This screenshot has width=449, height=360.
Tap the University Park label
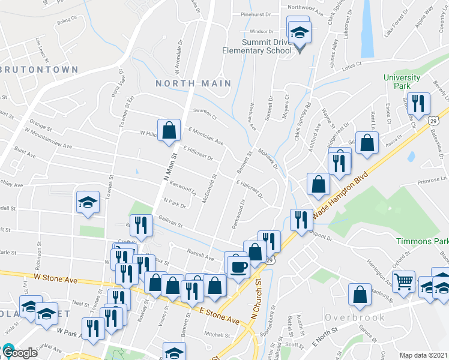pyautogui.click(x=402, y=82)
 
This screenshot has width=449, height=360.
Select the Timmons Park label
pyautogui.click(x=422, y=241)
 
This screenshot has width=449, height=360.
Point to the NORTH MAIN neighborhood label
pyautogui.click(x=193, y=83)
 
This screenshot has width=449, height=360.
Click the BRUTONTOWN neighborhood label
pyautogui.click(x=40, y=70)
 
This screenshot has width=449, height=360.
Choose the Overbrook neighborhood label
pyautogui.click(x=351, y=316)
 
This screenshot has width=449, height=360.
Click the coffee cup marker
pyautogui.click(x=238, y=264)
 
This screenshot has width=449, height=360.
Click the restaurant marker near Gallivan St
pyautogui.click(x=141, y=225)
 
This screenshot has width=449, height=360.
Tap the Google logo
pyautogui.click(x=20, y=353)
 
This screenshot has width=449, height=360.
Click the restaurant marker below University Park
pyautogui.click(x=415, y=104)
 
